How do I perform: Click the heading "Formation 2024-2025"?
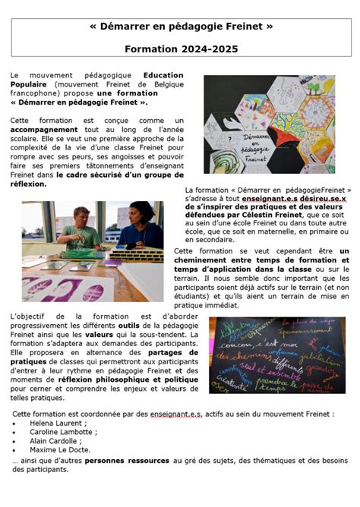[180, 48]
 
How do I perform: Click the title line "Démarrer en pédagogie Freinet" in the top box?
[180, 27]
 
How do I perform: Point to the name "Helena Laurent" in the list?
[55, 423]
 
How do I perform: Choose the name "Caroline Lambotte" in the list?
[61, 432]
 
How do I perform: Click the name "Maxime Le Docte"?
[59, 450]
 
